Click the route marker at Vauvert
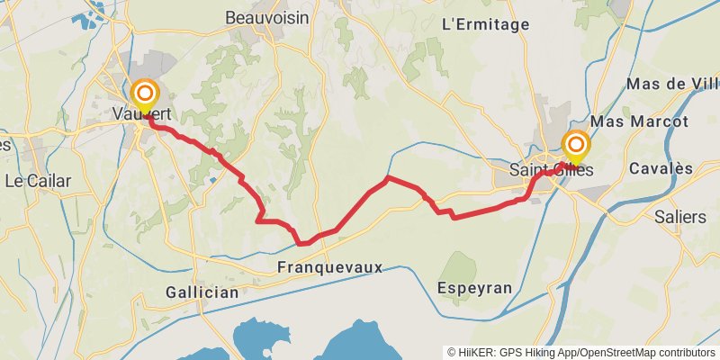tap(145, 94)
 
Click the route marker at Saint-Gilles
tap(576, 144)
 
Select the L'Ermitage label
tap(487, 25)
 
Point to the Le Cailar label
tap(38, 180)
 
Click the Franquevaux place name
tap(330, 267)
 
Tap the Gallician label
tap(202, 292)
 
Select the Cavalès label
tap(661, 168)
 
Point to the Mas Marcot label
tap(640, 121)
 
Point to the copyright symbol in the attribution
tap(452, 352)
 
